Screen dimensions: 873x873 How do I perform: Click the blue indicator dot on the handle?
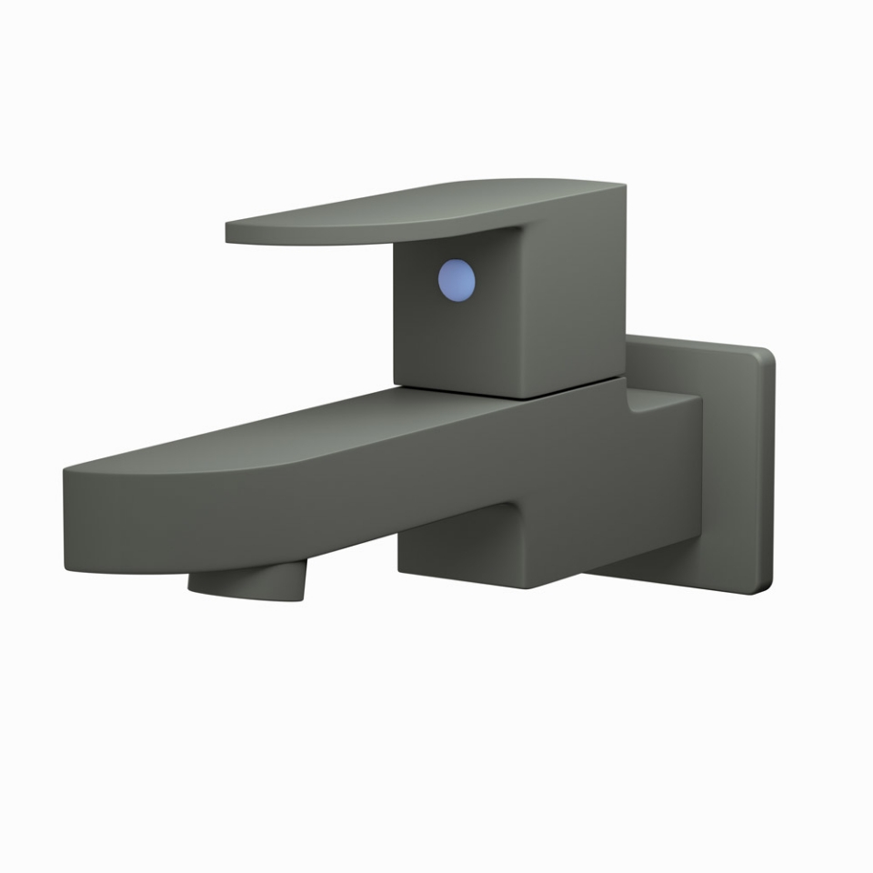pos(457,279)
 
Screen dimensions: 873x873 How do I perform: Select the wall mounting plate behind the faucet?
pos(727,455)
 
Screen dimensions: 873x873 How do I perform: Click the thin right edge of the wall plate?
pos(769,473)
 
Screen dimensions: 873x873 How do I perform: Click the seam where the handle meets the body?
pos(509,392)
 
